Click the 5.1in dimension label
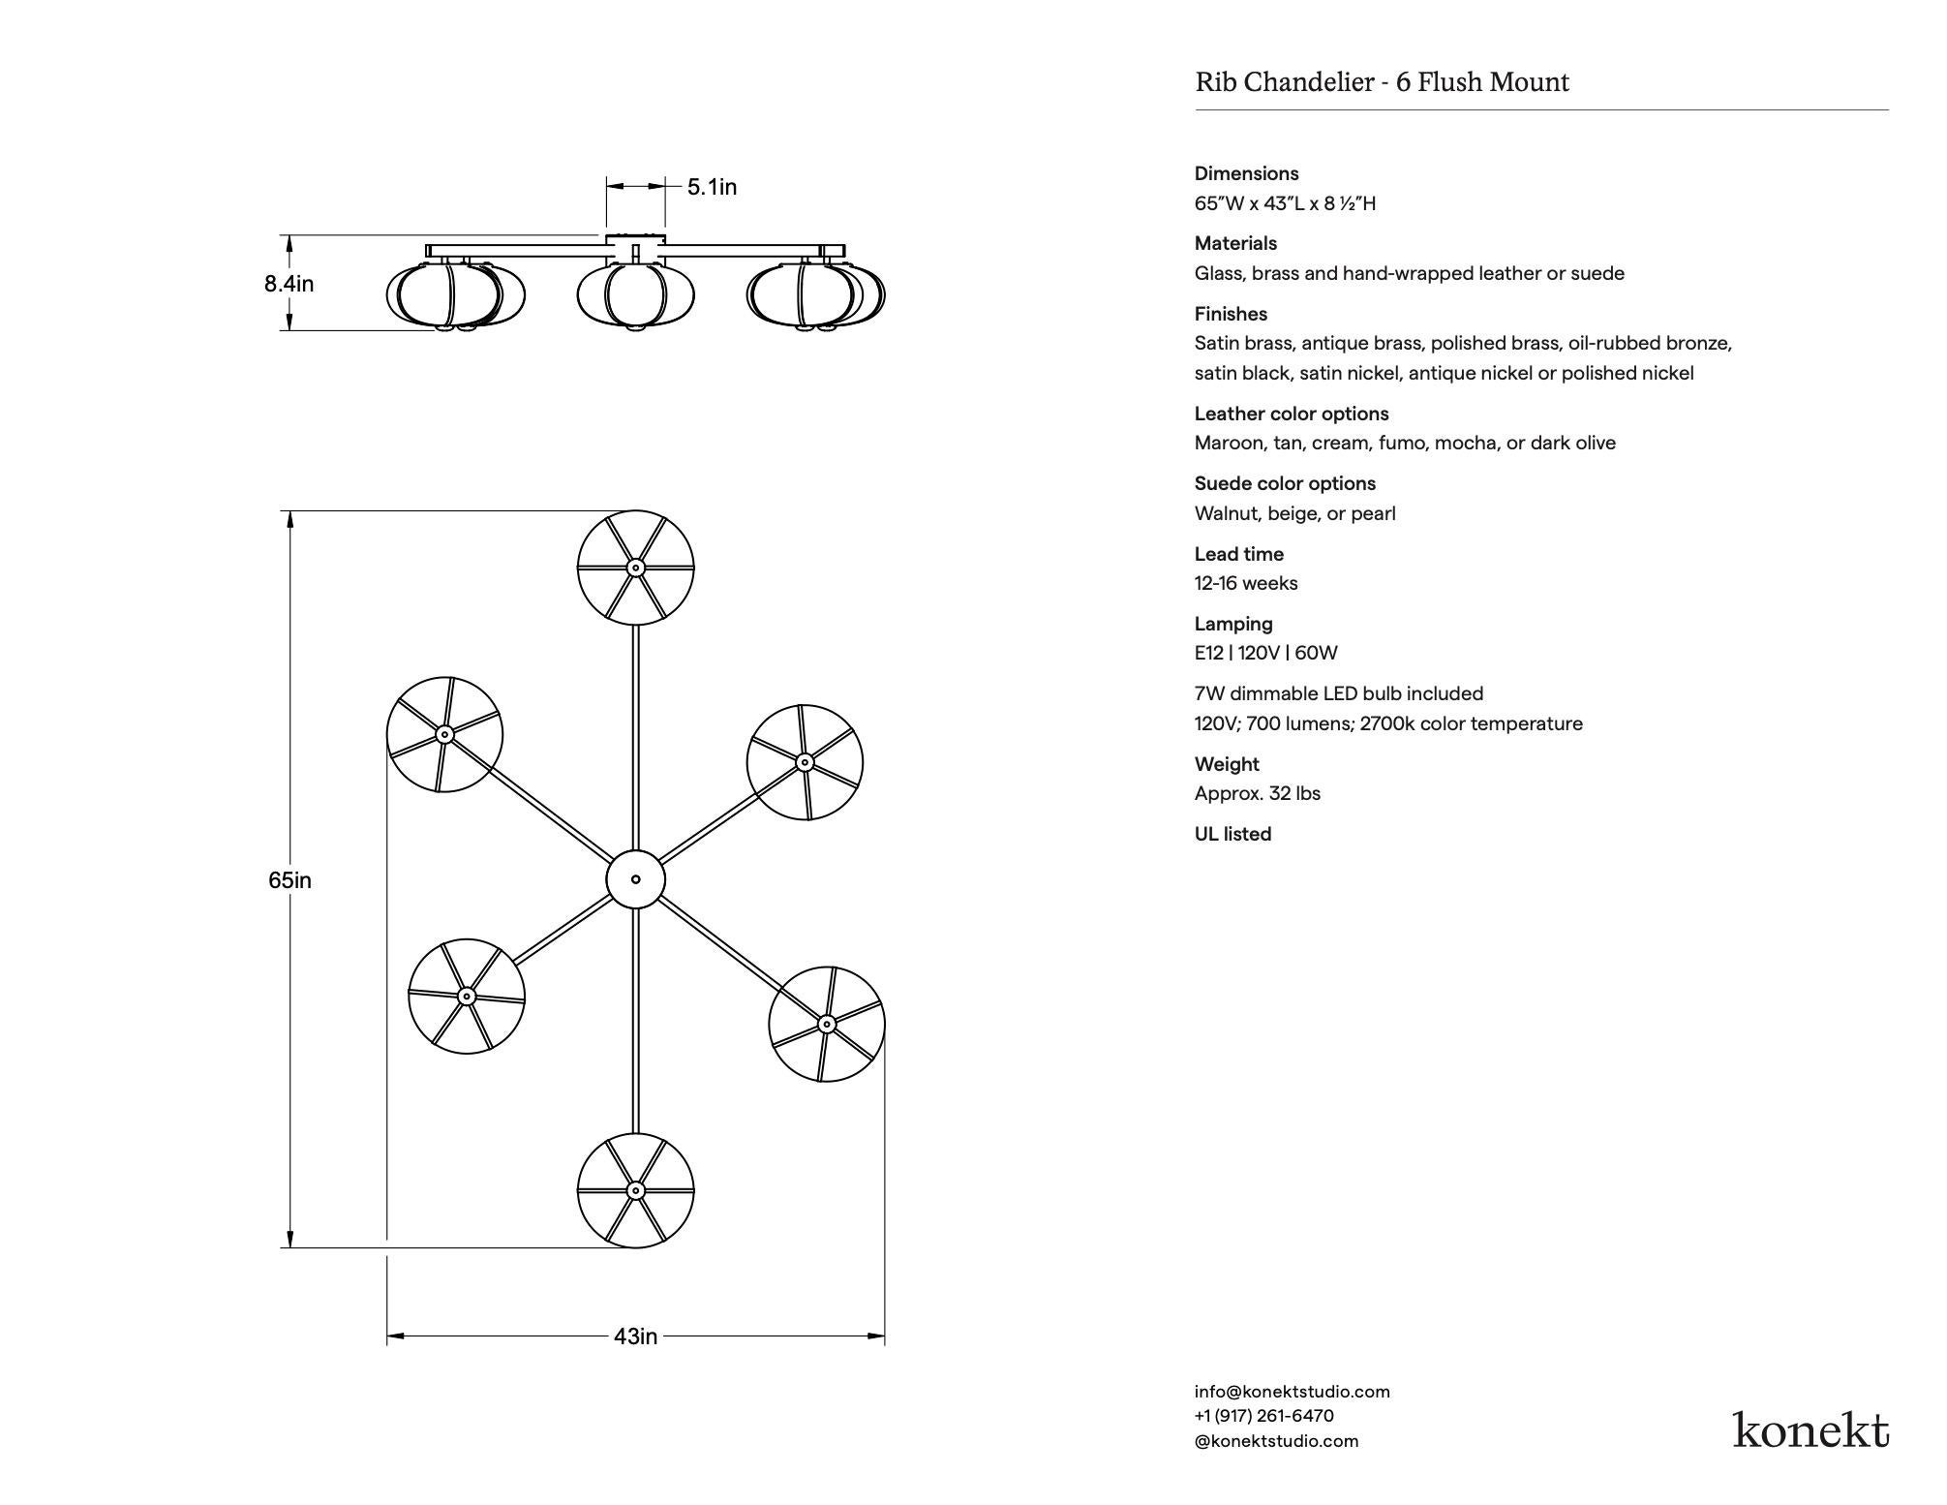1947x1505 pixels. [712, 187]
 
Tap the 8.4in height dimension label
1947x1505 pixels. [289, 284]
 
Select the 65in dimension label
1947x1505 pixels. [289, 880]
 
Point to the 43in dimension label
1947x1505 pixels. [635, 1336]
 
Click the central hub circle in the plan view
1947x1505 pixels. [635, 879]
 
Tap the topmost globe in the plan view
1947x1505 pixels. [635, 568]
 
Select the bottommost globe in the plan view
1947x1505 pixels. [635, 1190]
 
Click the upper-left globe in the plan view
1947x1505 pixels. [444, 734]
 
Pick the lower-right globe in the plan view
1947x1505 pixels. [826, 1024]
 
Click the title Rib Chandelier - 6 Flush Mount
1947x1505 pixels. [1382, 82]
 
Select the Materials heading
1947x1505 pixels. [1235, 243]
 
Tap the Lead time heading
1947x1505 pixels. [1238, 554]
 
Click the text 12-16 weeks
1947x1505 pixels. [1245, 583]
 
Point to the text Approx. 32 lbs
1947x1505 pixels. [1257, 793]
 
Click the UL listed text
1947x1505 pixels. [1232, 834]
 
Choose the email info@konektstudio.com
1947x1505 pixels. [1292, 1392]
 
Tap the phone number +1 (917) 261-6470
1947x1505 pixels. [1263, 1416]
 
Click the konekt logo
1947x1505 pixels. [1810, 1429]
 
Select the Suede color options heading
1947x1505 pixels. [1285, 483]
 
